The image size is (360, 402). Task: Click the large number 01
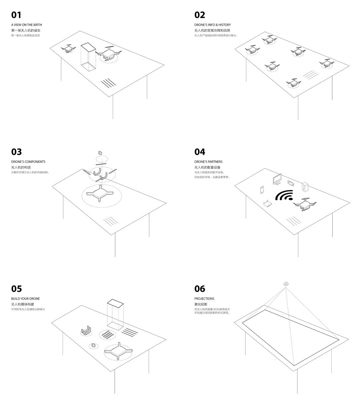16,15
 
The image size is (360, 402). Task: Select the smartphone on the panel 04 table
262,190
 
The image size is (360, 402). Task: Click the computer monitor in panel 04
277,179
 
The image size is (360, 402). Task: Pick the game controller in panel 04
290,183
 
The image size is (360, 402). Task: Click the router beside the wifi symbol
267,204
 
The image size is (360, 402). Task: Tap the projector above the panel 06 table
286,284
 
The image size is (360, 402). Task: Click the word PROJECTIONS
204,299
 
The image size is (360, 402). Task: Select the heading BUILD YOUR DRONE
25,299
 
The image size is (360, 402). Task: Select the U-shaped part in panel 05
86,330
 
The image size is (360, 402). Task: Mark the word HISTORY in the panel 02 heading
224,25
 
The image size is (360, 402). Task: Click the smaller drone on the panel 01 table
68,49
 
